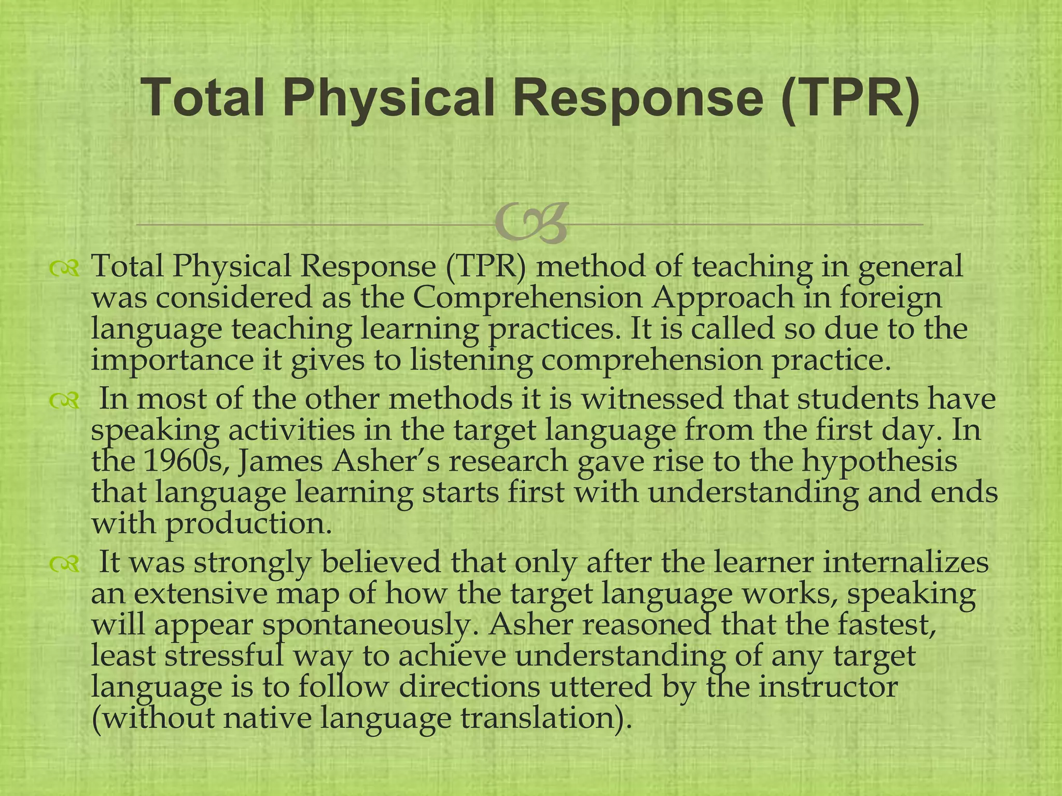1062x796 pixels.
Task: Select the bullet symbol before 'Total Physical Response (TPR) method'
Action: click(64, 268)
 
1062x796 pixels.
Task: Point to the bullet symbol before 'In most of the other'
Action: click(64, 400)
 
